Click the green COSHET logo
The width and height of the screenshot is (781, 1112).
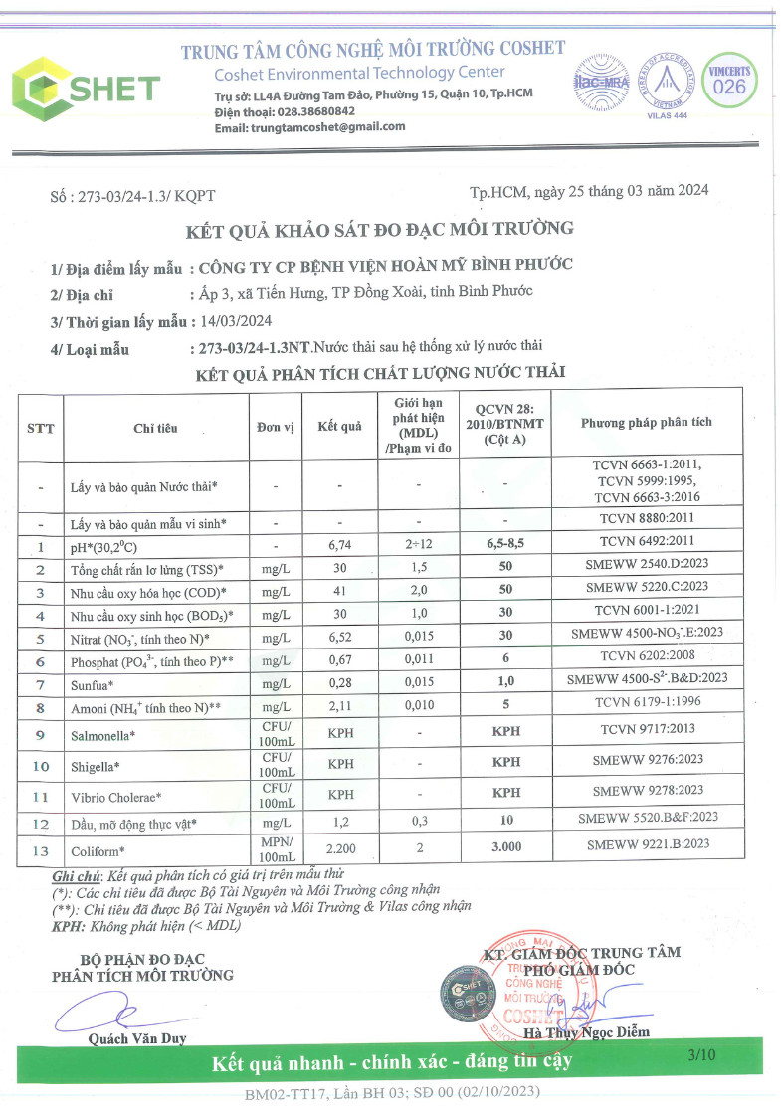(x=84, y=87)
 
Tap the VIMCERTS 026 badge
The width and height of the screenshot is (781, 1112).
(x=728, y=81)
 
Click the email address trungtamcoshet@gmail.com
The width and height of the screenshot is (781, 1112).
(x=324, y=127)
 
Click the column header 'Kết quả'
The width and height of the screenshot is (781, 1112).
(x=339, y=427)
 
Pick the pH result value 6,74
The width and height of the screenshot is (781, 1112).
(x=340, y=545)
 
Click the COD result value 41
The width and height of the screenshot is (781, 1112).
(x=340, y=591)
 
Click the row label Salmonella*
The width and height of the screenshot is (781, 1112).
(x=101, y=735)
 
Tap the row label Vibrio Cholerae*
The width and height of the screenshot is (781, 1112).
(x=116, y=797)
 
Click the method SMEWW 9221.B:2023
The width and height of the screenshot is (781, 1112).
(x=648, y=843)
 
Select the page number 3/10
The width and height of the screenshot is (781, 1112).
(x=701, y=1055)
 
